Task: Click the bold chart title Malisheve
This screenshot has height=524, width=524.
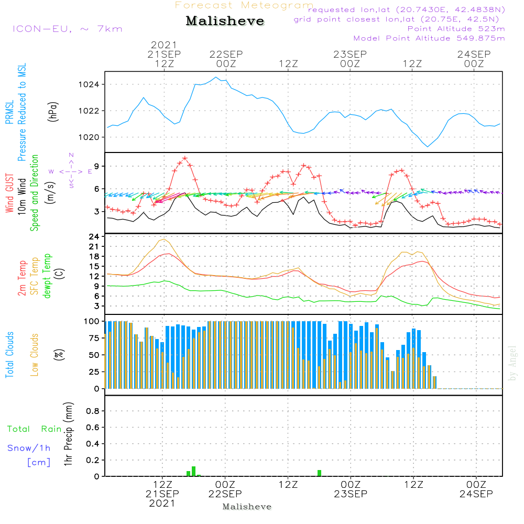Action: point(225,21)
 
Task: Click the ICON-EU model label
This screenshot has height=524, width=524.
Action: point(67,29)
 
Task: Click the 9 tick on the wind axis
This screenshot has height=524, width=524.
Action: point(97,166)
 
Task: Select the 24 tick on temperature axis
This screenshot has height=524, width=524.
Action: point(94,236)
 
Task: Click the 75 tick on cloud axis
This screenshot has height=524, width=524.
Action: point(94,338)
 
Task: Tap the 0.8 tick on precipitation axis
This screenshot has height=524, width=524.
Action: point(93,411)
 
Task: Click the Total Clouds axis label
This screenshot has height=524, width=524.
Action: point(9,355)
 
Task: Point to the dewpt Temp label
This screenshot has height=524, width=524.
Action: point(47,276)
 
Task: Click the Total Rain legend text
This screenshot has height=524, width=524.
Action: point(34,429)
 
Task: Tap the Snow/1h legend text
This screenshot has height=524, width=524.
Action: point(29,448)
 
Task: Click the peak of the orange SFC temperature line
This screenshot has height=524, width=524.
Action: point(165,239)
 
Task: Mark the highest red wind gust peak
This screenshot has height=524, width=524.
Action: point(185,158)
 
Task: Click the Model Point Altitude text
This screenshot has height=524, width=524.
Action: point(429,38)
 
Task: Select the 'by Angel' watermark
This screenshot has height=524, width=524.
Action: point(512,363)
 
